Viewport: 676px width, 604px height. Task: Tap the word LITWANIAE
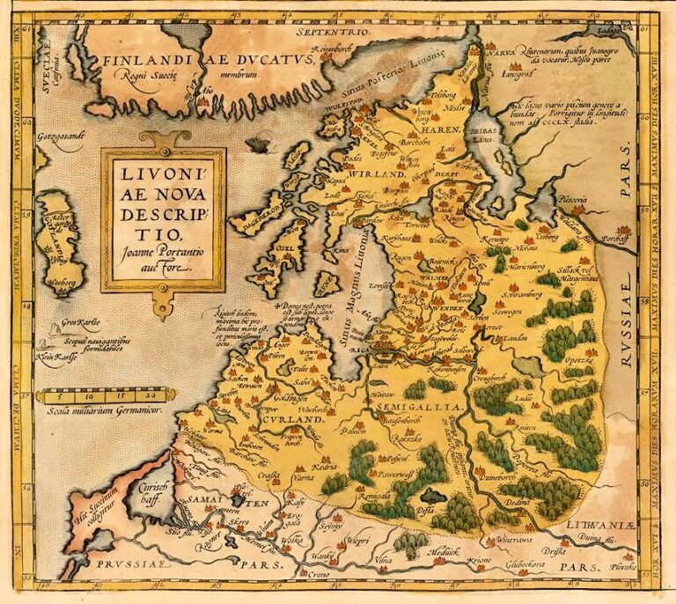[600, 524]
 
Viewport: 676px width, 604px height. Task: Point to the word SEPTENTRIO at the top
[334, 32]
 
